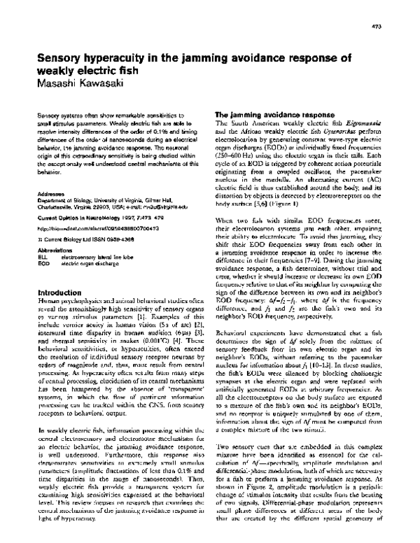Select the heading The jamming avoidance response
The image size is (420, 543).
266,113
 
